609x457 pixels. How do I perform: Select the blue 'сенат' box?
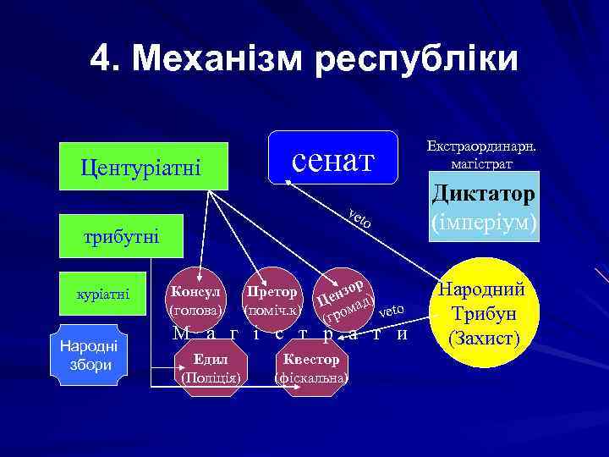click(x=332, y=157)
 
